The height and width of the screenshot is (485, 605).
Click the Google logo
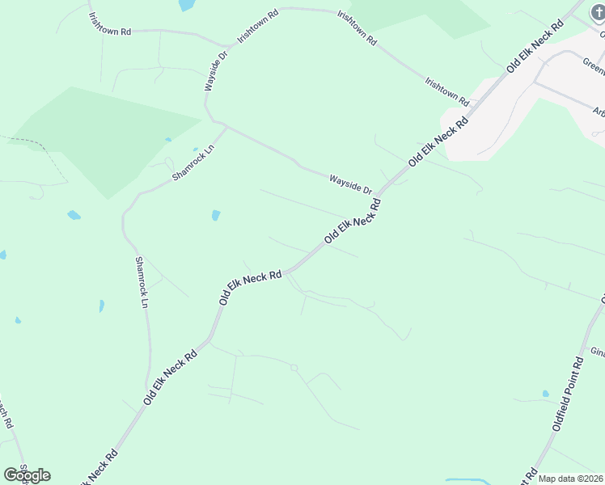27,474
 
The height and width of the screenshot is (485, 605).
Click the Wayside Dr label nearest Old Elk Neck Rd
349,183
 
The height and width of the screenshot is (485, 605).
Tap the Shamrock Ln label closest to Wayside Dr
192,163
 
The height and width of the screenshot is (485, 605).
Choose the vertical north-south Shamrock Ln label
143,282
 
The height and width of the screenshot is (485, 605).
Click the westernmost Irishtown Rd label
108,32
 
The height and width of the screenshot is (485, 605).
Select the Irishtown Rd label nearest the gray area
447,91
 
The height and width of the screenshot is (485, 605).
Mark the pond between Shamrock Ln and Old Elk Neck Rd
216,215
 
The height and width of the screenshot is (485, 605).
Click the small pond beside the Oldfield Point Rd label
545,394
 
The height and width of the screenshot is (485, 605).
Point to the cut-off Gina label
598,352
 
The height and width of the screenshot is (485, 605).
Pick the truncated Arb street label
598,112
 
